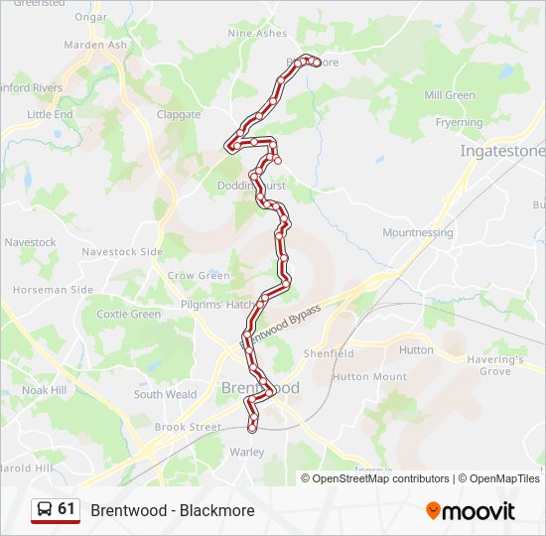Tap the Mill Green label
450,95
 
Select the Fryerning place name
459,123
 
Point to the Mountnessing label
417,232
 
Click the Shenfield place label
329,353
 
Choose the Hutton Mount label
369,377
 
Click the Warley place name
247,452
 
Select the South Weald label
165,394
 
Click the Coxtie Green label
128,314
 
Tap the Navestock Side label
122,252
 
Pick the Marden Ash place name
95,45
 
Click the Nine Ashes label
257,33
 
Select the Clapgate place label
179,114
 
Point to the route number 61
67,509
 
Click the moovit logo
471,511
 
